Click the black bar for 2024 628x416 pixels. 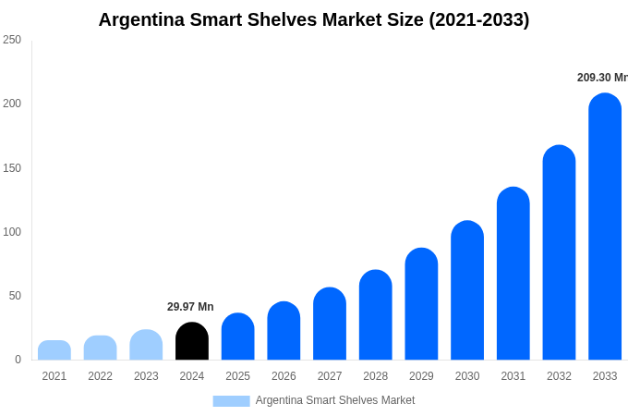click(192, 342)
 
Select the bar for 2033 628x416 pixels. click(605, 227)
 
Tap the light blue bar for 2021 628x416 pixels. click(54, 350)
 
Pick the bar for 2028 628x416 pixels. click(376, 315)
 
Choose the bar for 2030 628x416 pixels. click(467, 290)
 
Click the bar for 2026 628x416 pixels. click(284, 331)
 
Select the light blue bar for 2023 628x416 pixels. click(146, 345)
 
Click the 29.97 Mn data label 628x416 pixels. click(190, 307)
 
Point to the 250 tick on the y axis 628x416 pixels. click(12, 40)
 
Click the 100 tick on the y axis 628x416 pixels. click(12, 232)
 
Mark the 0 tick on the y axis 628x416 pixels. click(18, 360)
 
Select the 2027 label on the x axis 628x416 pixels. click(330, 376)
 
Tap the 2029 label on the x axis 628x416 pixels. click(421, 376)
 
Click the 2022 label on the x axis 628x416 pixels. click(100, 376)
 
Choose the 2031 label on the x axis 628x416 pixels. click(513, 376)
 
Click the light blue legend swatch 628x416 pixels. click(231, 401)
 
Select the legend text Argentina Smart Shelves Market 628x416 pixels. click(335, 400)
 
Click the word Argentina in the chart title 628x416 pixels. click(142, 19)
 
